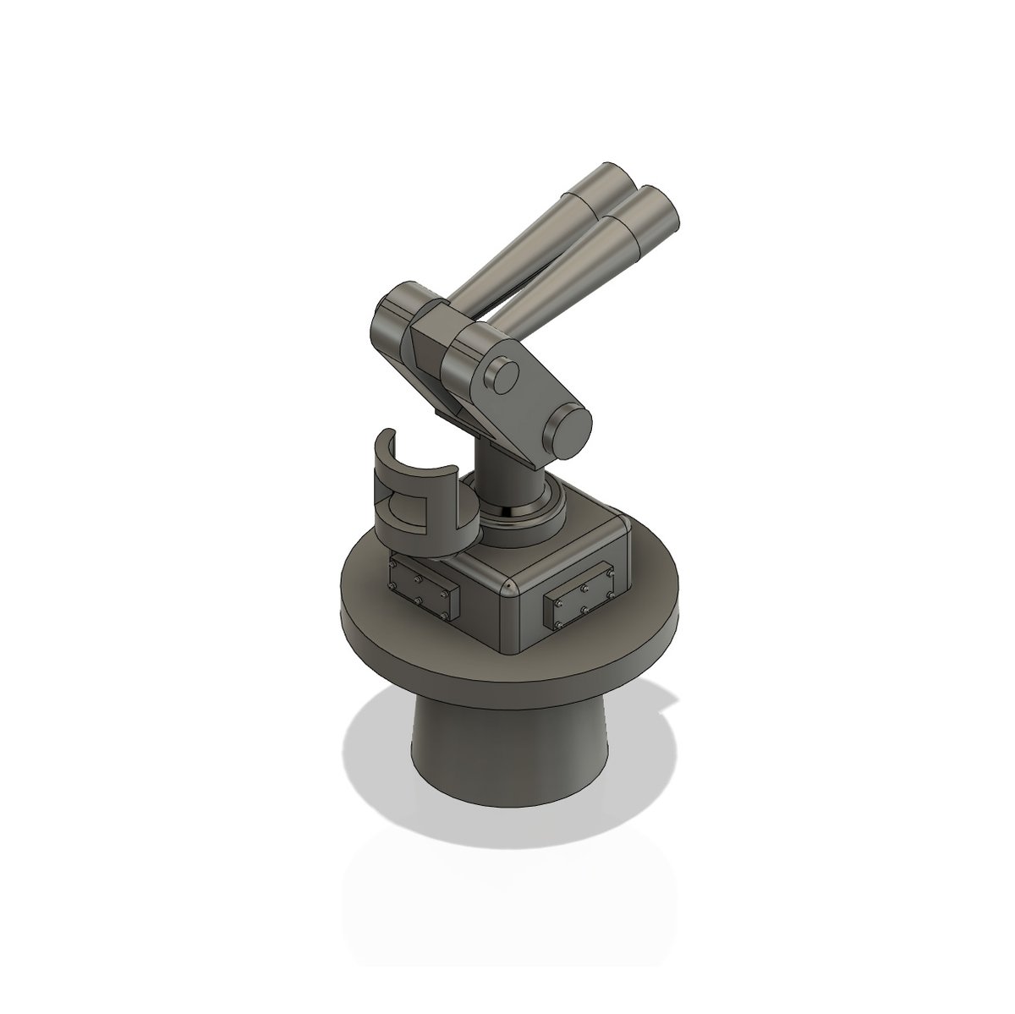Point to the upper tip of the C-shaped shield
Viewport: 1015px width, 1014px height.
tap(386, 436)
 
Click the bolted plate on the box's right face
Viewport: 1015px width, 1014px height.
tap(583, 600)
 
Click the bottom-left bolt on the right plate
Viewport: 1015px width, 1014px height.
tap(558, 626)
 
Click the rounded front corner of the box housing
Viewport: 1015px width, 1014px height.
tap(505, 587)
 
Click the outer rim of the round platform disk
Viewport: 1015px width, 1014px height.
tap(507, 677)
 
